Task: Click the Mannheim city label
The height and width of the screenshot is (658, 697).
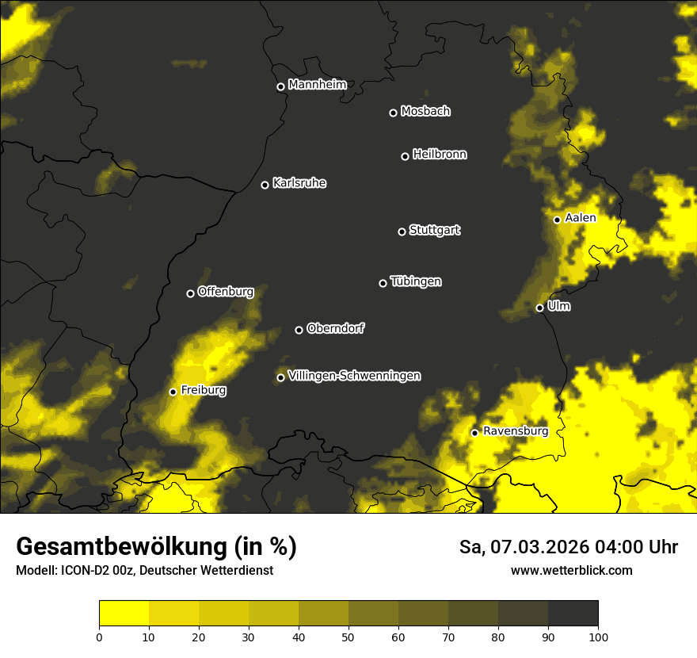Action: (x=317, y=85)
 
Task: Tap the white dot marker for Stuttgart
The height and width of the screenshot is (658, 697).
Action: (x=402, y=231)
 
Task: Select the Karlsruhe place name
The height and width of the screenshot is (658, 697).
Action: (x=299, y=183)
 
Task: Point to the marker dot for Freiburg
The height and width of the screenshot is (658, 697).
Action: (x=173, y=392)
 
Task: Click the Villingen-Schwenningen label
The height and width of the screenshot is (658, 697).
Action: (x=354, y=376)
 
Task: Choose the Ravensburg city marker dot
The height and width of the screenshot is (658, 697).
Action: (x=474, y=433)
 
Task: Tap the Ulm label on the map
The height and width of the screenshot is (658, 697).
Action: (x=558, y=306)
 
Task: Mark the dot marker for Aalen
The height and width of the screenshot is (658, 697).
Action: (x=557, y=220)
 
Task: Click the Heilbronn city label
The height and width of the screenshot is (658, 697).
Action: (x=440, y=155)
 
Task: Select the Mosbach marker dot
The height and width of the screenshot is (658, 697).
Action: (x=393, y=113)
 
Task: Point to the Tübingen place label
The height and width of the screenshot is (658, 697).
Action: (x=416, y=281)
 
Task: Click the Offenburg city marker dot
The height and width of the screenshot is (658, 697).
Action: (x=190, y=293)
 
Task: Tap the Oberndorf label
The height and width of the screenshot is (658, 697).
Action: (x=335, y=328)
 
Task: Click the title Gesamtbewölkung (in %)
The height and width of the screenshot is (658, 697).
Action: (x=156, y=547)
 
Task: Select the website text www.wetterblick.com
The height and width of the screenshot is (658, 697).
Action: (x=571, y=570)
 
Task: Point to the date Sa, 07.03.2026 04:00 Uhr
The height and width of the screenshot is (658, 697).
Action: (x=568, y=547)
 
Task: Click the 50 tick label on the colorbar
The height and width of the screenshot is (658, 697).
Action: (x=348, y=636)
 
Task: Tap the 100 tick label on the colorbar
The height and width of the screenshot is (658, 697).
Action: (x=597, y=636)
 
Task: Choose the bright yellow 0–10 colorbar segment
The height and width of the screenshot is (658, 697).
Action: (x=124, y=614)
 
